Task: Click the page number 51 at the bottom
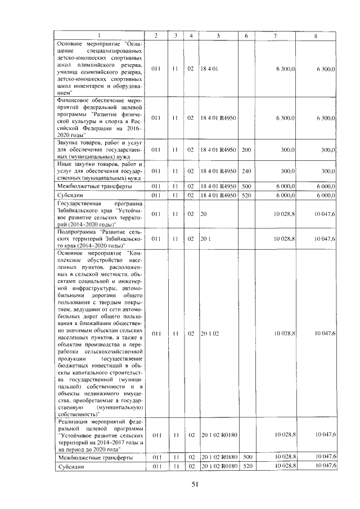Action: tap(195, 484)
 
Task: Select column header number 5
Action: tap(218, 36)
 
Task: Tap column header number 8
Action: tap(317, 36)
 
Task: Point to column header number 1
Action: tap(99, 36)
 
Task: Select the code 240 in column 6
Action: tap(246, 171)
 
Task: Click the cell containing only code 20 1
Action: tap(205, 239)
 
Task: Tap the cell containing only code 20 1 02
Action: tap(209, 334)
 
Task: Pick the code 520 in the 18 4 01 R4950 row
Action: tap(246, 195)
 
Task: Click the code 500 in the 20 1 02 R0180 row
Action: tap(246, 458)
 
